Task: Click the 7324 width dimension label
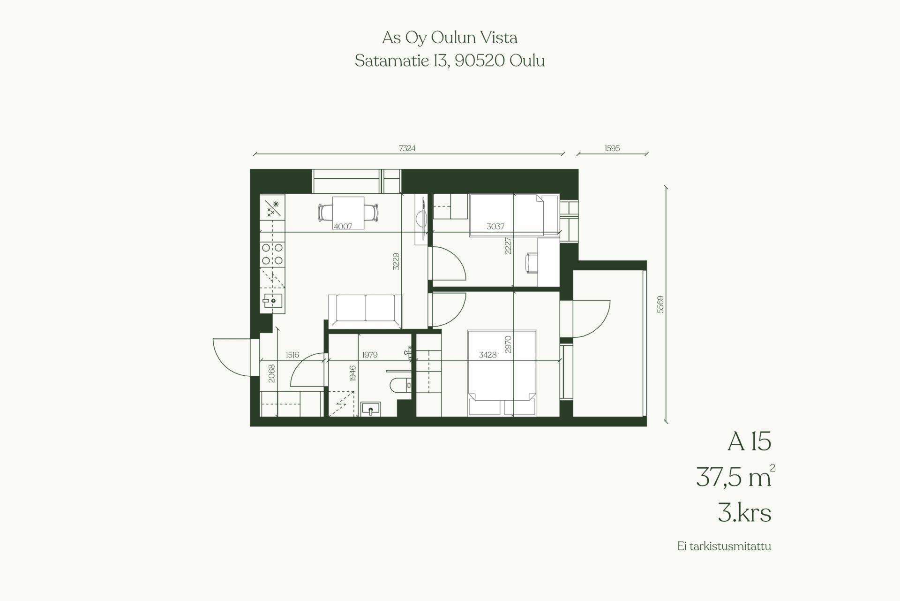tap(407, 148)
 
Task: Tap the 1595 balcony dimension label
tap(612, 148)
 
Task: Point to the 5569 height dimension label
tap(660, 304)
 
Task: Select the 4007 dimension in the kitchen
tap(343, 226)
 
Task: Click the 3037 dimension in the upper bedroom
tap(495, 226)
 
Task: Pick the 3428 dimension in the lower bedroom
tap(487, 355)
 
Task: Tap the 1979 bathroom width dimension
tap(370, 355)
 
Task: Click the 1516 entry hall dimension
tap(292, 355)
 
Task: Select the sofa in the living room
tap(365, 311)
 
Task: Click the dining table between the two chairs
tap(348, 213)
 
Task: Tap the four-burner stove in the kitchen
tap(272, 254)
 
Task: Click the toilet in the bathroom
tap(400, 385)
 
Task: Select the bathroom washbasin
tap(372, 410)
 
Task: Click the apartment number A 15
tap(749, 441)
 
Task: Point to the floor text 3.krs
tap(744, 513)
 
